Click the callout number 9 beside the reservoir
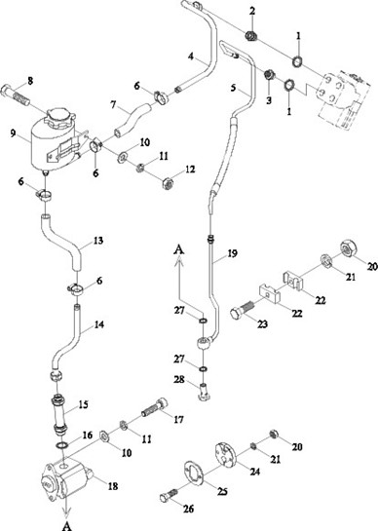pyautogui.click(x=13, y=133)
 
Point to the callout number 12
pyautogui.click(x=190, y=169)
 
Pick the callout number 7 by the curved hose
pyautogui.click(x=113, y=104)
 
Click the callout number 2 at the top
pyautogui.click(x=252, y=11)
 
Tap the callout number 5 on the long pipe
pyautogui.click(x=234, y=88)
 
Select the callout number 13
pyautogui.click(x=98, y=241)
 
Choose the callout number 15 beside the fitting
pyautogui.click(x=84, y=404)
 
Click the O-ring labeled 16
pyautogui.click(x=62, y=445)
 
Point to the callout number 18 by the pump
pyautogui.click(x=113, y=486)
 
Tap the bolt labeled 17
pyautogui.click(x=155, y=409)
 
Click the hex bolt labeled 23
pyautogui.click(x=244, y=309)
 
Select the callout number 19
pyautogui.click(x=233, y=253)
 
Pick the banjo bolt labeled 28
pyautogui.click(x=204, y=392)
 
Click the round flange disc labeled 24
pyautogui.click(x=226, y=455)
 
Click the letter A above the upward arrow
pyautogui.click(x=179, y=249)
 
